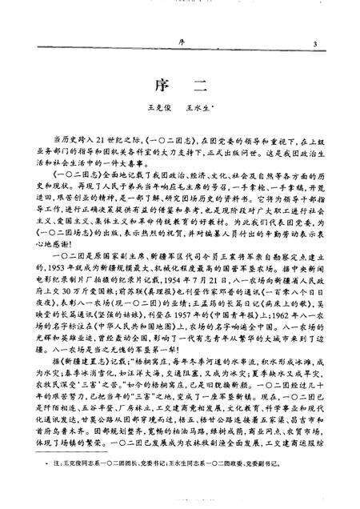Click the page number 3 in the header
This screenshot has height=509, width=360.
[317, 44]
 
